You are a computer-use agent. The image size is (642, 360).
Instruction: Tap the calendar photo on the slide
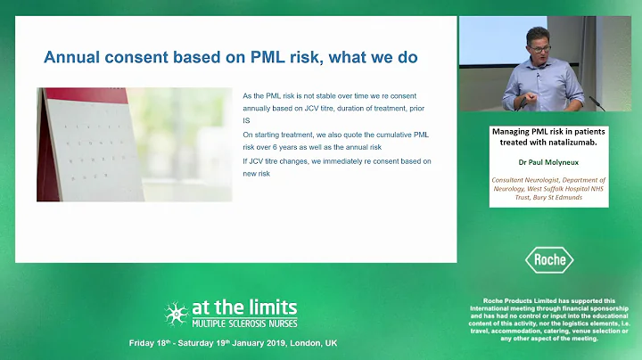(x=135, y=144)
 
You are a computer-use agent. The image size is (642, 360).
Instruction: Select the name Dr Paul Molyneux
(x=548, y=165)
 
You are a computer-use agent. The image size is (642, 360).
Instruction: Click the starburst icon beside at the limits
(x=175, y=313)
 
